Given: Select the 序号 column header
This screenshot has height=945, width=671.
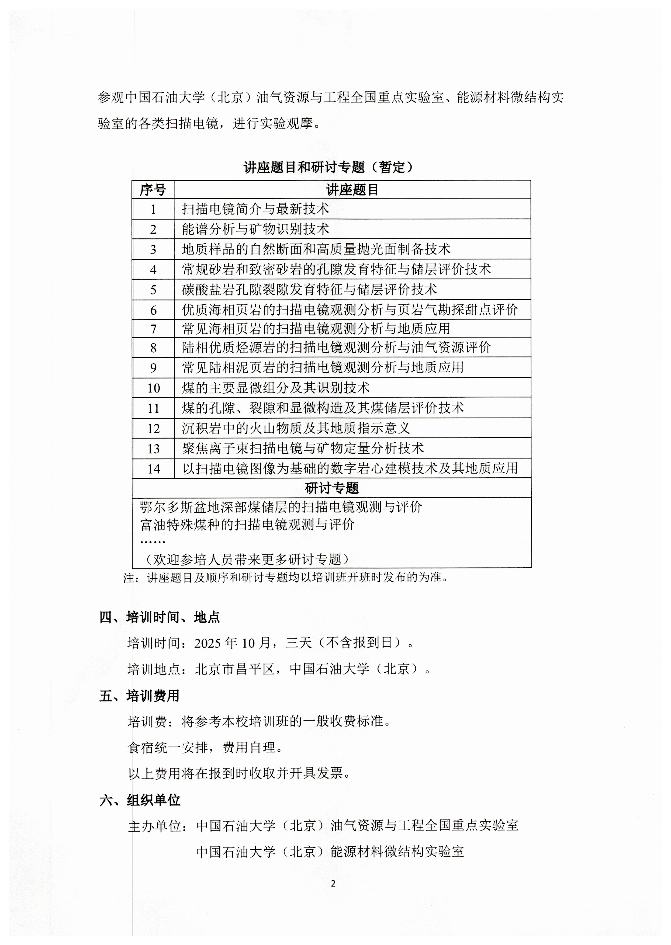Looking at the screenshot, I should [x=153, y=190].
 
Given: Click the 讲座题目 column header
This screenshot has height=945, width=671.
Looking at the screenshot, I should [x=352, y=190].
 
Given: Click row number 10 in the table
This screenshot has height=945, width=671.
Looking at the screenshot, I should [x=153, y=388].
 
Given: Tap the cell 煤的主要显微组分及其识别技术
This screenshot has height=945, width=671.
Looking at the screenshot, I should [x=276, y=387].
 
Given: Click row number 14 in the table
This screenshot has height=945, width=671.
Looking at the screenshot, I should [x=153, y=469].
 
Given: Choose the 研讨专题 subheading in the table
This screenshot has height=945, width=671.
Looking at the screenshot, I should [x=331, y=488].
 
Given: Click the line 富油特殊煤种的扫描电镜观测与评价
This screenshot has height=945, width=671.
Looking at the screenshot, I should [x=247, y=524].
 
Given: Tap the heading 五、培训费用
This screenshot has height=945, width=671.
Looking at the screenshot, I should [x=139, y=696].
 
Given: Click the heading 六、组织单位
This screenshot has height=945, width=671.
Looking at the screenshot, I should [x=140, y=800].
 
